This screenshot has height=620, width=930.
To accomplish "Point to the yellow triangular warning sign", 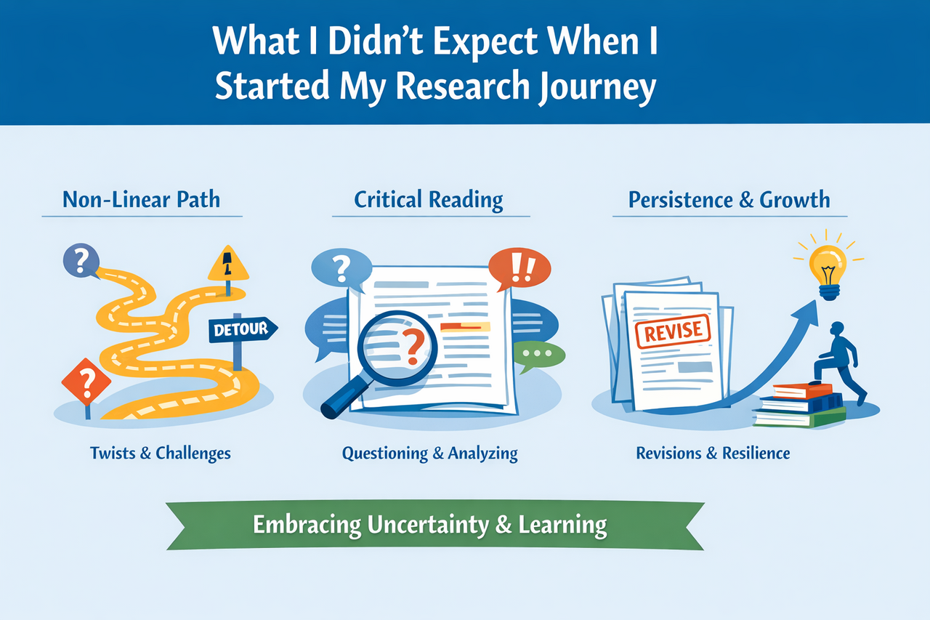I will [x=228, y=265].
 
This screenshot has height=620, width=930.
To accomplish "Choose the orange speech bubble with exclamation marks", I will [x=520, y=268].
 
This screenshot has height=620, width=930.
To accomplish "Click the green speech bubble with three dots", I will [x=538, y=353].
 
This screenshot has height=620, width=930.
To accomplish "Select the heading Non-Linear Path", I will [x=141, y=200].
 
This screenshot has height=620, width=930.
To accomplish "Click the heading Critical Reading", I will [x=429, y=200].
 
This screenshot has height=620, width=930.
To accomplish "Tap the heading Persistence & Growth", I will [x=729, y=200].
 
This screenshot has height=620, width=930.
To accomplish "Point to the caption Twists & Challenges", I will [x=160, y=453].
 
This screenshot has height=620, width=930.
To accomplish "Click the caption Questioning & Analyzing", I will [x=429, y=454].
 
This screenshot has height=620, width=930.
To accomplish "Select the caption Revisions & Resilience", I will [x=713, y=453].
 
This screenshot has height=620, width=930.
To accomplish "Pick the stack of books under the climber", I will [x=800, y=405].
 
